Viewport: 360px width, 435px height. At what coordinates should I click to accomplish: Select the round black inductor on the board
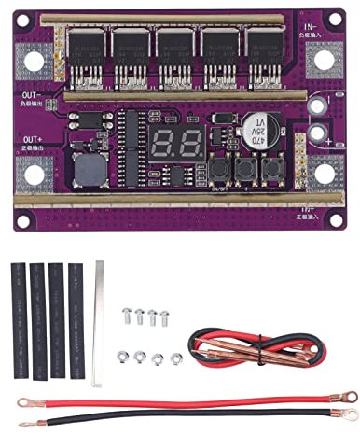point(88,171)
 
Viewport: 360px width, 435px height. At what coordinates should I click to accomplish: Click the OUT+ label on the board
point(30,140)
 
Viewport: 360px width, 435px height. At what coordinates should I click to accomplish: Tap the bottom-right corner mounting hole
point(325,174)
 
